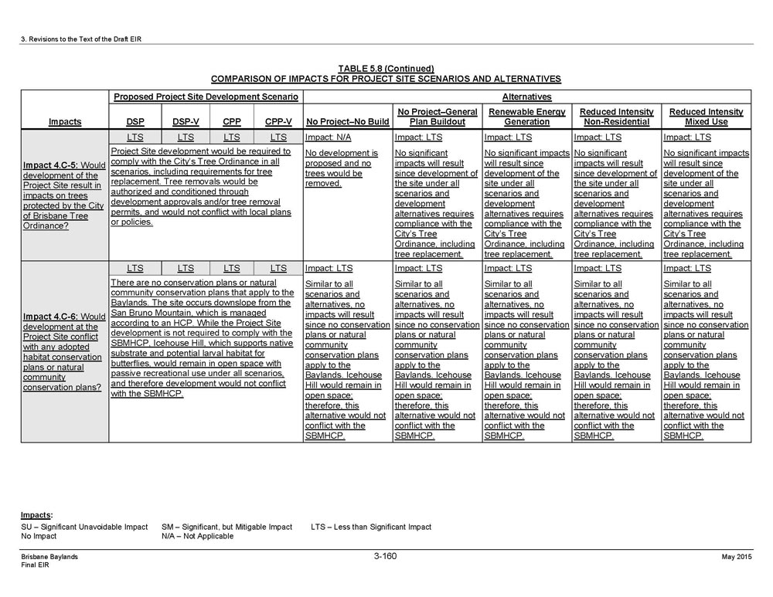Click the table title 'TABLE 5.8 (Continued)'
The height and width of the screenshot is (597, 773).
386,69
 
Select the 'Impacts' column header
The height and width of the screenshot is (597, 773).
65,122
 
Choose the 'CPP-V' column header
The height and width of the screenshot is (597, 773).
278,122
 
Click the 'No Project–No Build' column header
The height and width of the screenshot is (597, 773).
347,122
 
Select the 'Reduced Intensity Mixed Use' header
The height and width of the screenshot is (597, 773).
706,117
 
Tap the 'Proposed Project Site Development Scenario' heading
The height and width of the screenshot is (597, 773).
206,97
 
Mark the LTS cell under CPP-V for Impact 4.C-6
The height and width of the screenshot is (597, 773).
278,269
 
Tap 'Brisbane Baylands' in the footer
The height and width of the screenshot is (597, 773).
49,557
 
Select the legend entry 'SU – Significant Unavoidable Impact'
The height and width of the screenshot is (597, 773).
84,527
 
